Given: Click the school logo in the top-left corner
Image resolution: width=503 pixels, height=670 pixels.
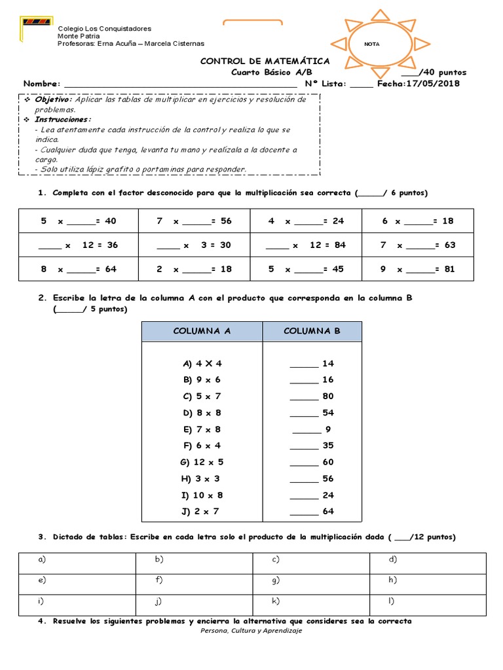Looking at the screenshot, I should (x=36, y=22).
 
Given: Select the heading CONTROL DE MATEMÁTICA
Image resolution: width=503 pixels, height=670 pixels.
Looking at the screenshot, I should (x=265, y=61).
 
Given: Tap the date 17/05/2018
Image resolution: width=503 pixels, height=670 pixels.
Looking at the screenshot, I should (x=433, y=84).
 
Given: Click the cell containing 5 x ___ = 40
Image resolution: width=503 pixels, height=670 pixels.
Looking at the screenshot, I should (x=78, y=221).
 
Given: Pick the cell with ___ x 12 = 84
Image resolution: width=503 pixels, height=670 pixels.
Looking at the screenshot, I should (x=305, y=245).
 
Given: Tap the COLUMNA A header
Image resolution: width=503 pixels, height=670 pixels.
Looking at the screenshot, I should (x=202, y=331).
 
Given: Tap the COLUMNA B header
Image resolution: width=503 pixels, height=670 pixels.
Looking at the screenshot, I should (x=312, y=331).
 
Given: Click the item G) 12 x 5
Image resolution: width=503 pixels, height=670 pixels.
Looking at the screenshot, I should (x=202, y=462).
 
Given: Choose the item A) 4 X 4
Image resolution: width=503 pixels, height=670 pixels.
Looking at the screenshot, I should (x=203, y=363).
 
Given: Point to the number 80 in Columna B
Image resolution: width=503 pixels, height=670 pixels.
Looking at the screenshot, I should (x=327, y=396).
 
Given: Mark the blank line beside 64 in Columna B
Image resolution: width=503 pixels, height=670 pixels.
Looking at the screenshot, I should (x=303, y=512).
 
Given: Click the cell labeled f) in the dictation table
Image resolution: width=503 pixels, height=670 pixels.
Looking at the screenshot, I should (x=193, y=579).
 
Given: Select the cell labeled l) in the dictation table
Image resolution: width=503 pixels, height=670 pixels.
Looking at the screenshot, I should (x=428, y=601).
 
